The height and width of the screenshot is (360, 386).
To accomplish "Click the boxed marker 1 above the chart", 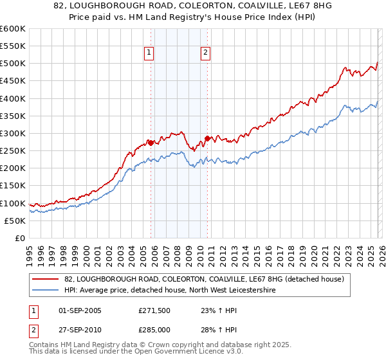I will pyautogui.click(x=149, y=53).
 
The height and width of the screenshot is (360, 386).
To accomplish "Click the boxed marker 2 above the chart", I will pyautogui.click(x=205, y=53).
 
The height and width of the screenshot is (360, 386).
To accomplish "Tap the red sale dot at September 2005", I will pyautogui.click(x=151, y=143).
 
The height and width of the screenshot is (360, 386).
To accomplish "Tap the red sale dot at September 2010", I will pyautogui.click(x=208, y=138).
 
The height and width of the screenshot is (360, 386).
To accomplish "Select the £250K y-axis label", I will pyautogui.click(x=12, y=151).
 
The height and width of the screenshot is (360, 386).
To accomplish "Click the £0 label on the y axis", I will pyautogui.click(x=19, y=239).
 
